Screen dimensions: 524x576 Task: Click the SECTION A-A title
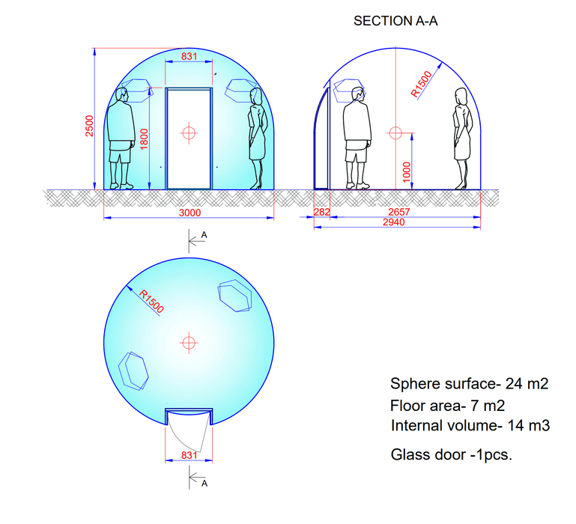(x=395, y=22)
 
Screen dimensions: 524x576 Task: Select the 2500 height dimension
(x=88, y=126)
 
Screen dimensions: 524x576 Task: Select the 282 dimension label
(x=321, y=213)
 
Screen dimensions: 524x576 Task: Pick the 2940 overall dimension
(x=395, y=222)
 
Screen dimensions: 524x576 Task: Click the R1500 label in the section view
(x=422, y=85)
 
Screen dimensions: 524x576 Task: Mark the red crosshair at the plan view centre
(x=189, y=342)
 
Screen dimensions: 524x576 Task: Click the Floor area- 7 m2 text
(x=446, y=406)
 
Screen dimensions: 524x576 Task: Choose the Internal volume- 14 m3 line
(x=470, y=426)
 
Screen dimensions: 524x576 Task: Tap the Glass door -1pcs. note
(x=451, y=454)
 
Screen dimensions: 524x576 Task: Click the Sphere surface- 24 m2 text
(x=470, y=385)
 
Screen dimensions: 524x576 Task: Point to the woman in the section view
(x=461, y=139)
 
